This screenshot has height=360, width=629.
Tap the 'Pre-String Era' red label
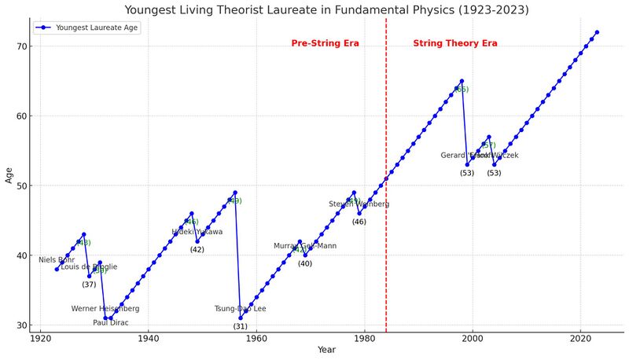(325, 43)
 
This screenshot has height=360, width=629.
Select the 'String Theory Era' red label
(454, 43)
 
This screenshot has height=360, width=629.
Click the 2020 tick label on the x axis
(580, 338)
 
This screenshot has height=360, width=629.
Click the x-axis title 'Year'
(326, 351)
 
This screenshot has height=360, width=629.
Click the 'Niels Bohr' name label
(57, 259)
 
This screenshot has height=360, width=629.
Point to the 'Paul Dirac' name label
(110, 322)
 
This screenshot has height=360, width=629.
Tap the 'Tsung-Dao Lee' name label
(240, 309)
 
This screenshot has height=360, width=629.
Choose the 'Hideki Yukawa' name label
(197, 232)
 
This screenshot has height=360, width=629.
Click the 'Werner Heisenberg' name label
(105, 309)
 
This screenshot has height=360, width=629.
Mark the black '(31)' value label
(240, 326)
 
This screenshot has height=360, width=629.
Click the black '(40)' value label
(305, 263)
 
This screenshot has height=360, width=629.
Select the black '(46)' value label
(359, 222)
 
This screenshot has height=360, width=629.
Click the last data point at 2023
(597, 32)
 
